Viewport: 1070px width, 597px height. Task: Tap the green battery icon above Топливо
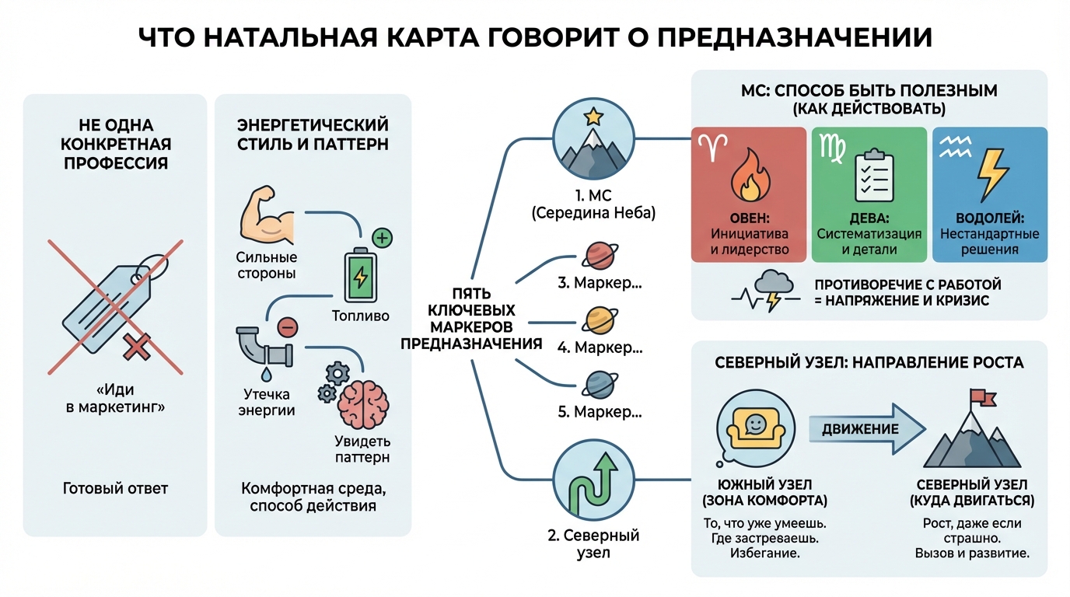click(x=359, y=276)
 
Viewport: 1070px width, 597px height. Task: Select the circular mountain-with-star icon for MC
click(x=593, y=141)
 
